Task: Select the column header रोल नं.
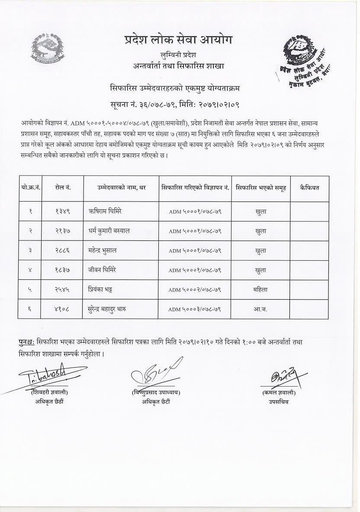63,188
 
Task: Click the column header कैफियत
309,188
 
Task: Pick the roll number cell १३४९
63,211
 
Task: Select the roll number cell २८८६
63,250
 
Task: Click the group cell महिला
260,289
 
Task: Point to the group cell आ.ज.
260,309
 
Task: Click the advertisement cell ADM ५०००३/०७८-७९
195,309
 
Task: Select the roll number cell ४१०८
63,309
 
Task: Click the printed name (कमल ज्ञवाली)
278,393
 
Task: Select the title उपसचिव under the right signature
278,402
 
